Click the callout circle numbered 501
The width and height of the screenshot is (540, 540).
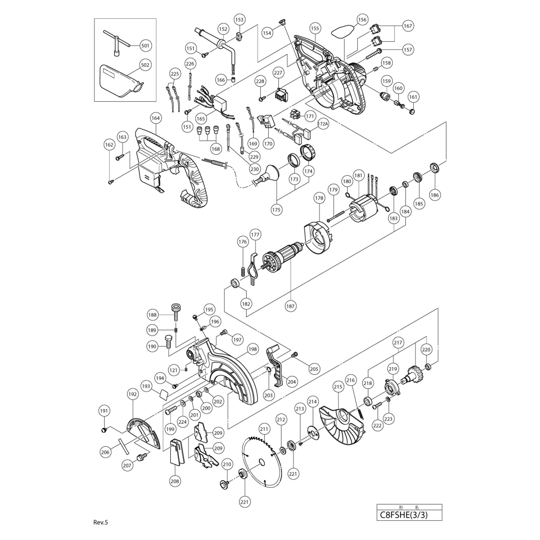point(145,45)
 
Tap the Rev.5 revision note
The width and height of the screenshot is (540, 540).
point(101,522)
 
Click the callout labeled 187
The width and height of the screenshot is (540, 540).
point(290,306)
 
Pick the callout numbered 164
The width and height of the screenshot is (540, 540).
point(156,118)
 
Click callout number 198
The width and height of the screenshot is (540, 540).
point(252,349)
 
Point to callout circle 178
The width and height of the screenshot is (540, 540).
point(319,198)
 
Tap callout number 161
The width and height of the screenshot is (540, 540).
point(413,97)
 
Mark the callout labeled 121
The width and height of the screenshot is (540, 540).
point(173,370)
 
